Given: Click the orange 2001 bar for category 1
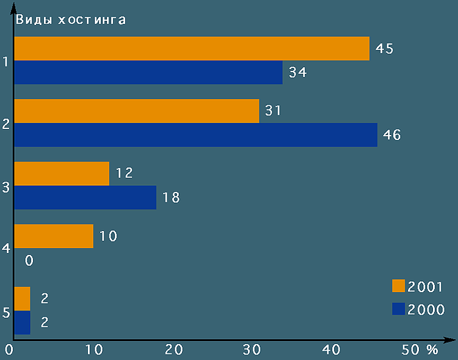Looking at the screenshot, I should pyautogui.click(x=192, y=48).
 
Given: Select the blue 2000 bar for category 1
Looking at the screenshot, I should pyautogui.click(x=148, y=72).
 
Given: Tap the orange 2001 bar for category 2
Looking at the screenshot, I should pyautogui.click(x=137, y=111).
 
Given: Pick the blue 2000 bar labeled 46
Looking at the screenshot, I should pyautogui.click(x=195, y=134).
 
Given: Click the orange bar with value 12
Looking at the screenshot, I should pyautogui.click(x=62, y=173).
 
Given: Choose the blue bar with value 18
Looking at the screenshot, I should pyautogui.click(x=85, y=197).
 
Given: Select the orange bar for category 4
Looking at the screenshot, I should pyautogui.click(x=54, y=236).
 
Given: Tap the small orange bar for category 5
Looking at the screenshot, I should pyautogui.click(x=22, y=298).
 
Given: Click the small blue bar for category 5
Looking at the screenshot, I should pyautogui.click(x=22, y=322).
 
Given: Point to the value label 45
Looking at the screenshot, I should pyautogui.click(x=385, y=49).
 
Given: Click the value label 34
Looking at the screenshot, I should pyautogui.click(x=297, y=73).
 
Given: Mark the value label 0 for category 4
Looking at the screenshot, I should pyautogui.click(x=29, y=261).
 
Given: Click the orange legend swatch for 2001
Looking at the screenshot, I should pyautogui.click(x=399, y=286).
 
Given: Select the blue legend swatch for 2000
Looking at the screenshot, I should pyautogui.click(x=399, y=309).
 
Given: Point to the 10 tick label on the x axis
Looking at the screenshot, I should pyautogui.click(x=93, y=350).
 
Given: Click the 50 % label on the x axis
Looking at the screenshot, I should pyautogui.click(x=421, y=350).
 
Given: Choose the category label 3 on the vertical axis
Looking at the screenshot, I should pyautogui.click(x=5, y=187).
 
